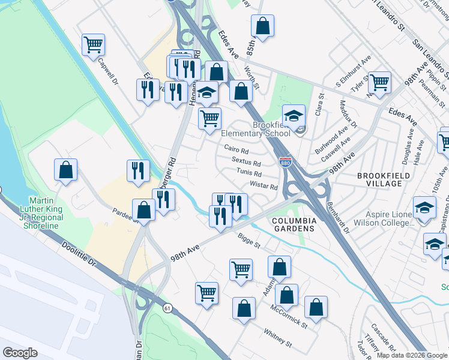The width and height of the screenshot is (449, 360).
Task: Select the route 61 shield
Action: [x=166, y=307]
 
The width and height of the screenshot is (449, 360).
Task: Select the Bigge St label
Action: [x=249, y=241]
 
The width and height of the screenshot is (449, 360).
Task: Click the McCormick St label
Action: [x=289, y=316]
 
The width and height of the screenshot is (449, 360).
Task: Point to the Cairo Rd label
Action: [x=236, y=148]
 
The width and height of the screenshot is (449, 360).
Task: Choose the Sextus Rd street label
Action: [x=246, y=162]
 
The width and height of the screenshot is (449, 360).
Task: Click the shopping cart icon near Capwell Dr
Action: [x=93, y=44]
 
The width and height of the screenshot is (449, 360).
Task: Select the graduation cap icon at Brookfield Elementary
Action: [x=294, y=115]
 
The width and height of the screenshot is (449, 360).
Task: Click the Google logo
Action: [x=20, y=353]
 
